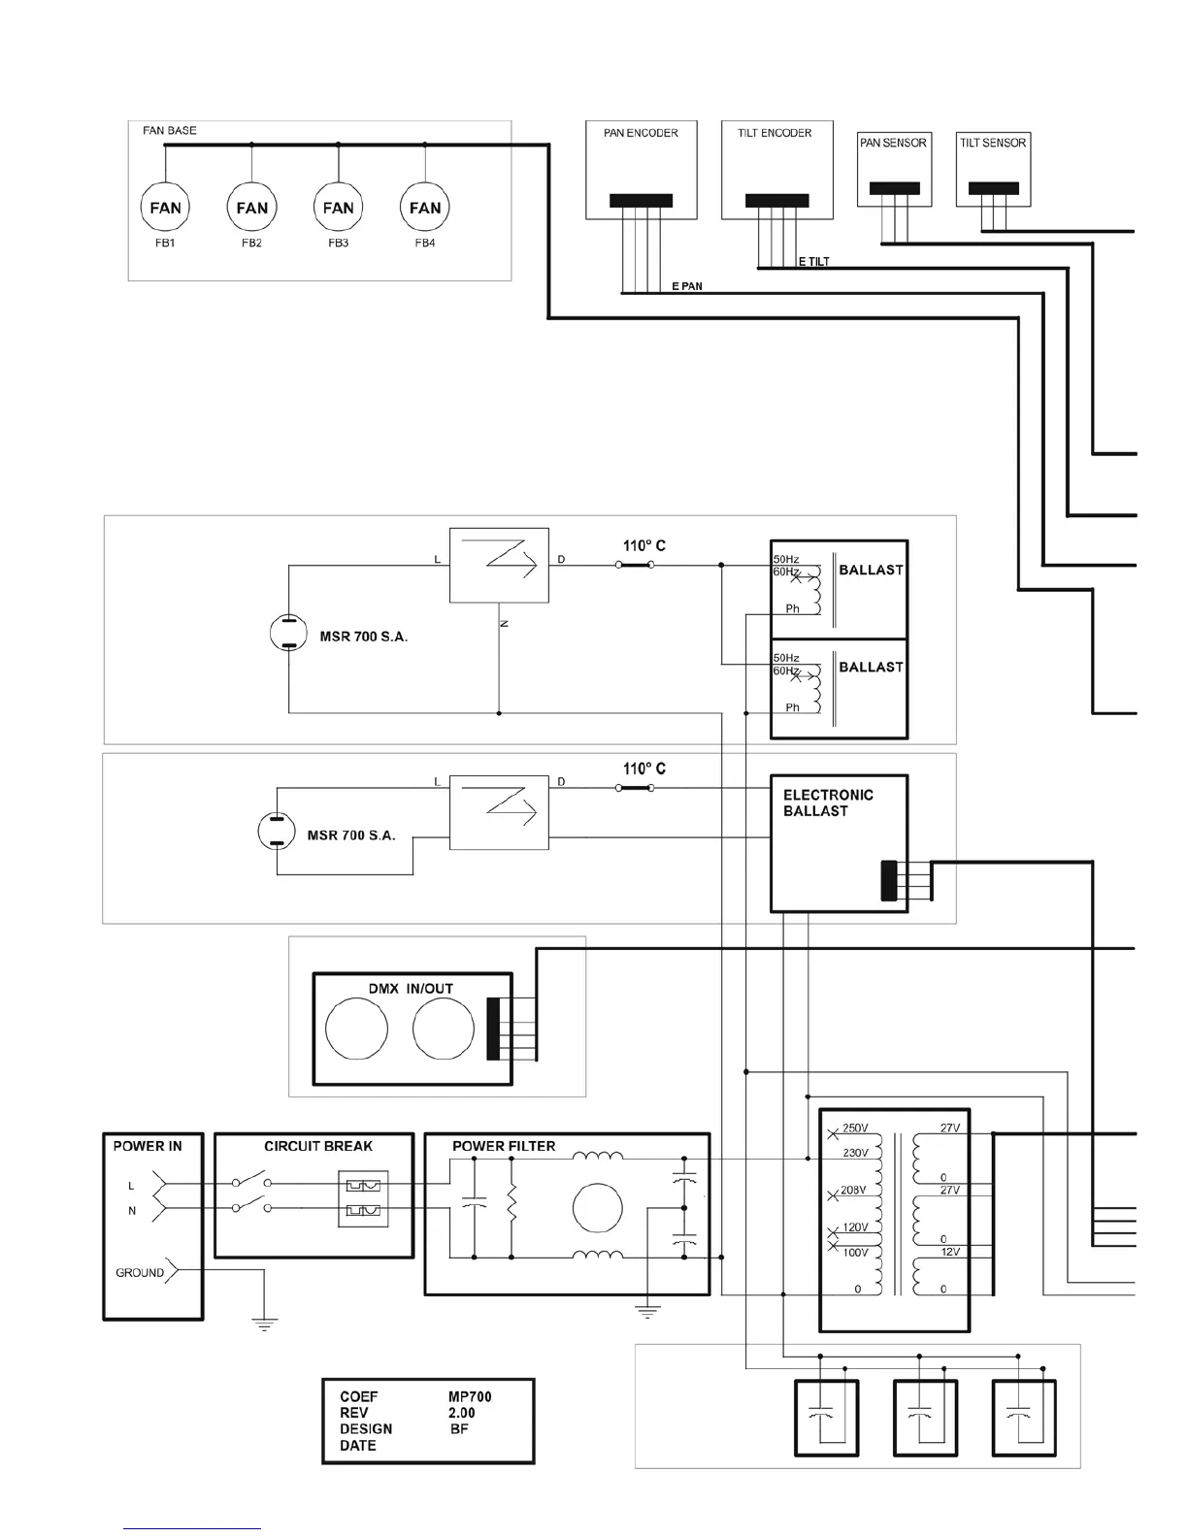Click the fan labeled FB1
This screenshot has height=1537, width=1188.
click(165, 208)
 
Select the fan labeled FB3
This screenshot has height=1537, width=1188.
click(338, 208)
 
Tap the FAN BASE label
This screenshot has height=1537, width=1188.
click(170, 130)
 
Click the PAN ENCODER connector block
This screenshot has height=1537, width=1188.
click(641, 201)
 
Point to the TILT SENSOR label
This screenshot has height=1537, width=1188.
click(993, 143)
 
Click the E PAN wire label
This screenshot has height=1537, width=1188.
click(687, 286)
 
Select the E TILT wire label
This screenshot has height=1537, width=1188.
click(813, 262)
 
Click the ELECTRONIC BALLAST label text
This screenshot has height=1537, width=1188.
click(828, 802)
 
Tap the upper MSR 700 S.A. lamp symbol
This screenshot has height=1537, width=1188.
click(288, 634)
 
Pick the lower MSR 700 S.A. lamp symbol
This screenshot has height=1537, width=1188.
click(276, 832)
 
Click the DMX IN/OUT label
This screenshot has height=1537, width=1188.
click(411, 989)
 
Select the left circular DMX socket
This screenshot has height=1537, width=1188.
click(356, 1030)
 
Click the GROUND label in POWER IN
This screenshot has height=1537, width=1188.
click(140, 1273)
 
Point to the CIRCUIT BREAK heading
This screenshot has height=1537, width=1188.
click(318, 1146)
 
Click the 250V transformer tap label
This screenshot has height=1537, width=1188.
click(855, 1128)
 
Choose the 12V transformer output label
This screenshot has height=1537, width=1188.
click(950, 1252)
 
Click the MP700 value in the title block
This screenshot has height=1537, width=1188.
click(470, 1397)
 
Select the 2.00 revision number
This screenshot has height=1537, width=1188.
click(462, 1413)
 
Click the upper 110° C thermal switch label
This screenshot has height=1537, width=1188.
click(644, 546)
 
